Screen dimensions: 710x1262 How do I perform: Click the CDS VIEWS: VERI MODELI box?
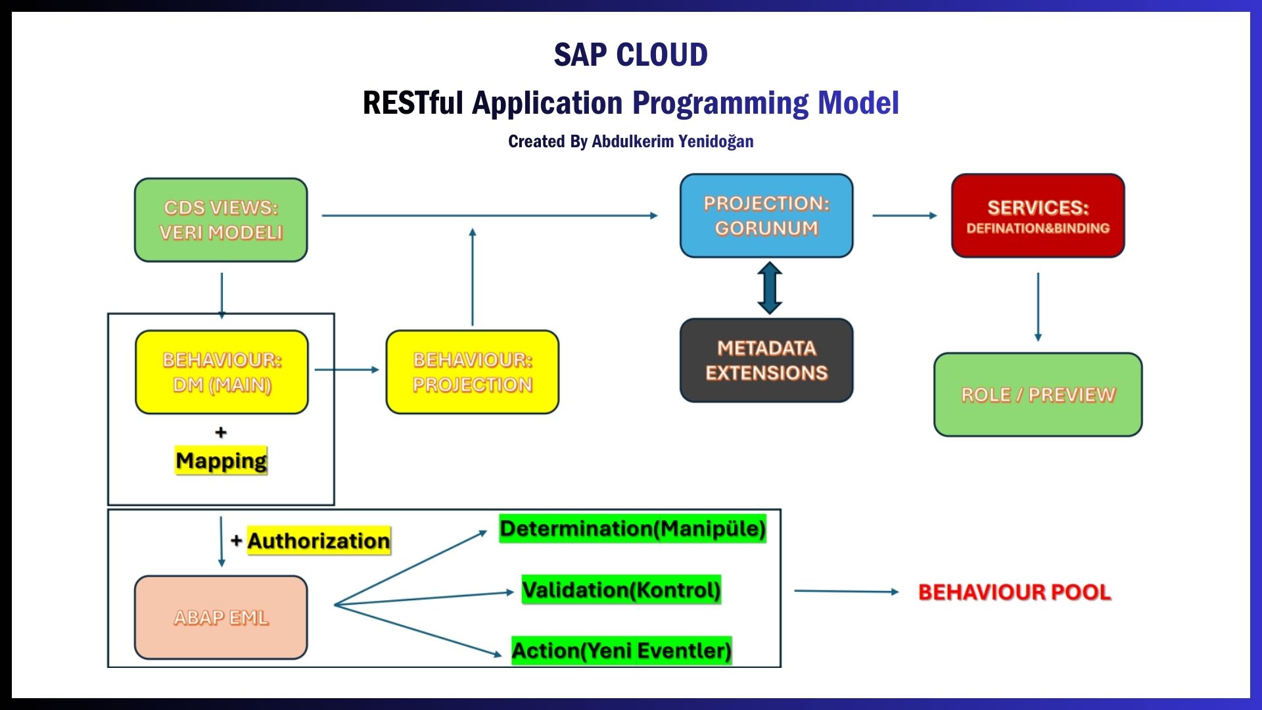[x=221, y=220]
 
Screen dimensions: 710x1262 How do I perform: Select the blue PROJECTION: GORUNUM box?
[x=766, y=216]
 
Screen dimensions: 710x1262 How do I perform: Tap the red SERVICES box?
[x=1038, y=216]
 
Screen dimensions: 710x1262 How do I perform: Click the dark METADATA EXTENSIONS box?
[x=766, y=360]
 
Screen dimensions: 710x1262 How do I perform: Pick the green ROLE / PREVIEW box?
[x=1038, y=394]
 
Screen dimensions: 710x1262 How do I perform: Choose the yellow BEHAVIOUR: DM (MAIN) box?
[x=222, y=372]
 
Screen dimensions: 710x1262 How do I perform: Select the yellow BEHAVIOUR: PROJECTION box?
[x=473, y=372]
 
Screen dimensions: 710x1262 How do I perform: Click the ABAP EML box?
[x=221, y=617]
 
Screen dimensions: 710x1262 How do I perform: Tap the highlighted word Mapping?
[x=222, y=460]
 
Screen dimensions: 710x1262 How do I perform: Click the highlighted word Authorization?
[x=319, y=540]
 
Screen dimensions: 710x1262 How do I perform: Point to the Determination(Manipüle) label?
[x=632, y=529]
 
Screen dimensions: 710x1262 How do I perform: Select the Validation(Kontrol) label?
[x=621, y=590]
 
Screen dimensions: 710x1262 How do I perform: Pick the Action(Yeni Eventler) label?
[x=621, y=650]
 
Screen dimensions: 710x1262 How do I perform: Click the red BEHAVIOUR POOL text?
[x=1014, y=592]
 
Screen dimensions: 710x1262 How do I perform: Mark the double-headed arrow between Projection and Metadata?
[x=770, y=288]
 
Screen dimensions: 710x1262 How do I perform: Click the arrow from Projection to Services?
[x=904, y=215]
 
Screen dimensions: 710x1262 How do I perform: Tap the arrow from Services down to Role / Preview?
[x=1038, y=306]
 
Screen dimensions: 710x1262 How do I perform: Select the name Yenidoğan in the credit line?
[x=715, y=141]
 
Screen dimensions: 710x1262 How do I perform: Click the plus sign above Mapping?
[x=221, y=432]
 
